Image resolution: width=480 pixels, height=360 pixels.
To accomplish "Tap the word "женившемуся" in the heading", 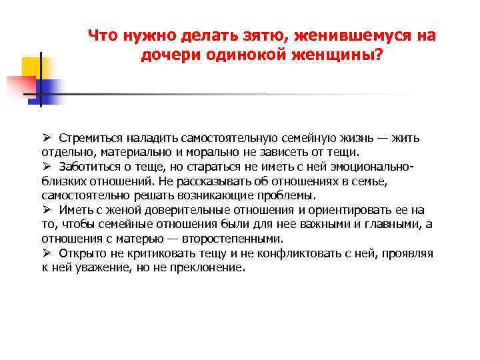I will pyautogui.click(x=339, y=36).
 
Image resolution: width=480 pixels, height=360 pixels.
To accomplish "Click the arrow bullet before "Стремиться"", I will pyautogui.click(x=46, y=137).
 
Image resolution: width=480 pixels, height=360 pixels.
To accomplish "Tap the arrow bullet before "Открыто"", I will pyautogui.click(x=46, y=253).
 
